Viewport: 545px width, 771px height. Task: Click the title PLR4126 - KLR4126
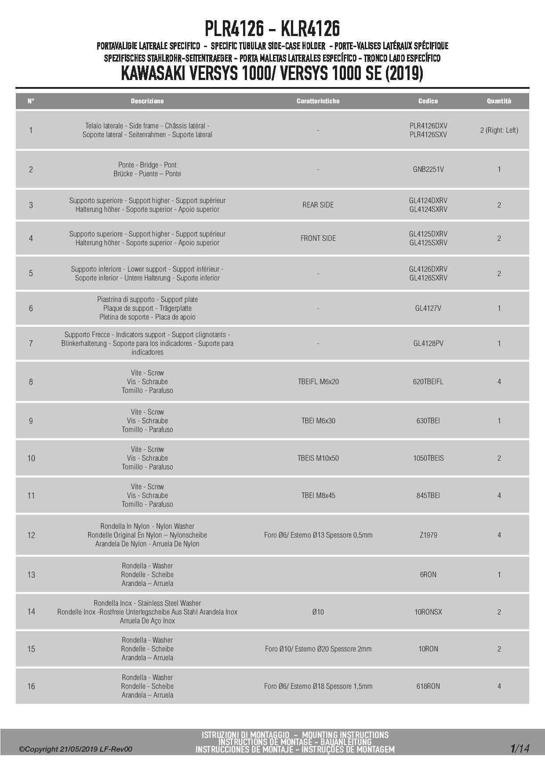click(272, 29)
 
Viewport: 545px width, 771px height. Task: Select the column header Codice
click(428, 101)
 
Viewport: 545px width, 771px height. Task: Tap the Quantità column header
click(499, 101)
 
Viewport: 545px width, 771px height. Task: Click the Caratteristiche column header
click(318, 101)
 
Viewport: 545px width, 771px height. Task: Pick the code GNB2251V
click(428, 169)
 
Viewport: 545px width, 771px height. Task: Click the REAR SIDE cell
click(318, 205)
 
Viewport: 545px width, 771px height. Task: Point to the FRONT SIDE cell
click(318, 238)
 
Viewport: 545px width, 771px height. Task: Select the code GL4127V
click(428, 308)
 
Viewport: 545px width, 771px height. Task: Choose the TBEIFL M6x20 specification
click(318, 382)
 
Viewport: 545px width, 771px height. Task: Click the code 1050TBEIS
click(428, 458)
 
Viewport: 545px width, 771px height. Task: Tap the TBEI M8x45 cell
click(318, 495)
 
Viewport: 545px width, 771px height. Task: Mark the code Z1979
click(428, 535)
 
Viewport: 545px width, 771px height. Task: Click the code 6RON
click(428, 575)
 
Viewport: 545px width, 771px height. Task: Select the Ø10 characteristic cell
click(318, 612)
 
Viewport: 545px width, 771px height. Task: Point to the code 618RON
click(428, 686)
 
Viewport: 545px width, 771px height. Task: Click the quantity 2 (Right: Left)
click(499, 130)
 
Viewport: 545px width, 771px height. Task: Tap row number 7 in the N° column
click(31, 343)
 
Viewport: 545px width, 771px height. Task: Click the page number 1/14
click(520, 748)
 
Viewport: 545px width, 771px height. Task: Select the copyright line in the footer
click(75, 749)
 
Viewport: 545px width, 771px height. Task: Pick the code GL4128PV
click(428, 343)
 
